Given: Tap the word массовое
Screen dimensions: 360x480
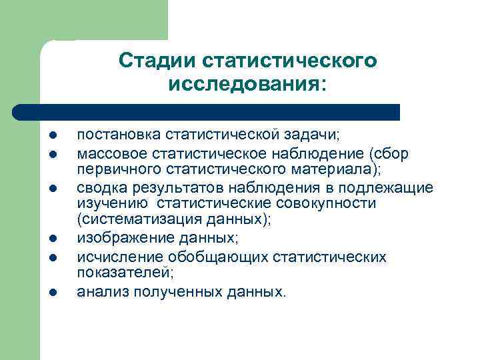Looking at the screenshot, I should pos(109,154).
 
